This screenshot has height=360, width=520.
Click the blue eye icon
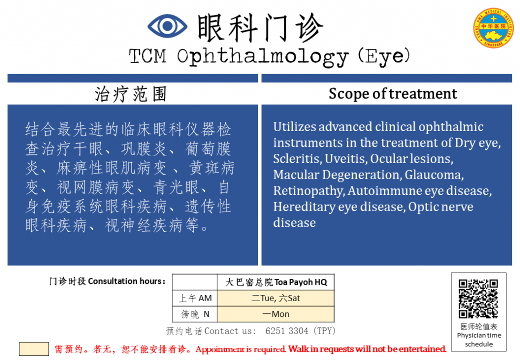pyautogui.click(x=167, y=26)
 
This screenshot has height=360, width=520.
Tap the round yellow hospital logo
pyautogui.click(x=493, y=28)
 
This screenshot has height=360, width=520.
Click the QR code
pyautogui.click(x=478, y=299)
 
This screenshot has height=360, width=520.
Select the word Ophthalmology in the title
pyautogui.click(x=263, y=57)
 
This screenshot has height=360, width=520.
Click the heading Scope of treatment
pyautogui.click(x=393, y=94)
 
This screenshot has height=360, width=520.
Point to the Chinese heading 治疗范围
pyautogui.click(x=131, y=94)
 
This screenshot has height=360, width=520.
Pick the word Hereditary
pyautogui.click(x=305, y=207)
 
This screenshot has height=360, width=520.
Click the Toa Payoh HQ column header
pyautogui.click(x=276, y=282)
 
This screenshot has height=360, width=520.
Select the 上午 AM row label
pyautogui.click(x=195, y=299)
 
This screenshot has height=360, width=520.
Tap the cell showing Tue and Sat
pyautogui.click(x=276, y=299)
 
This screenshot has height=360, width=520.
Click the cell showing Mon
pyautogui.click(x=276, y=314)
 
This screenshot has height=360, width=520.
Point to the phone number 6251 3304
pyautogui.click(x=286, y=331)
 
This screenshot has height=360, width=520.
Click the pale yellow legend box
pyautogui.click(x=34, y=349)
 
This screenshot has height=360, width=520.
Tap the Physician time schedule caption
pyautogui.click(x=479, y=340)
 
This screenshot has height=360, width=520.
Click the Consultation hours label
pyautogui.click(x=126, y=281)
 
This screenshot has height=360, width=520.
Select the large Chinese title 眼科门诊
pyautogui.click(x=260, y=28)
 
